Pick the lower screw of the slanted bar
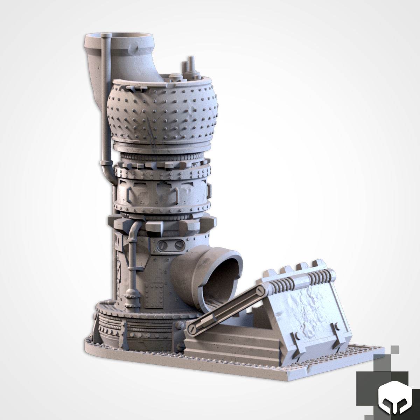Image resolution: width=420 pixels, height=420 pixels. pos(191,329)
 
